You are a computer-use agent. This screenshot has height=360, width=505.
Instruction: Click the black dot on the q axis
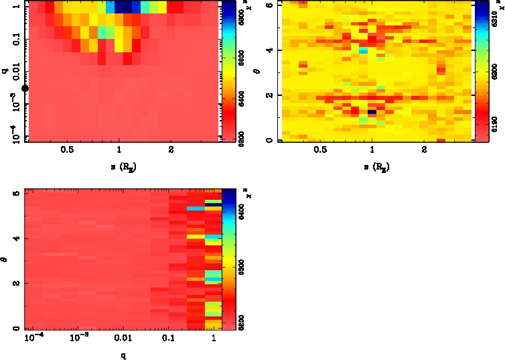[x=25, y=88]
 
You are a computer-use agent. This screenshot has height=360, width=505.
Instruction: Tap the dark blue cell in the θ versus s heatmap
[x=372, y=112]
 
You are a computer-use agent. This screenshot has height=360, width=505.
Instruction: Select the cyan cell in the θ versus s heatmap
[x=363, y=50]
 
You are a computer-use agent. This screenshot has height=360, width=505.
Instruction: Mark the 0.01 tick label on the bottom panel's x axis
[x=123, y=340]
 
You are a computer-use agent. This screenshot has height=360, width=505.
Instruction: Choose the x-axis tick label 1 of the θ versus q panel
[x=213, y=340]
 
